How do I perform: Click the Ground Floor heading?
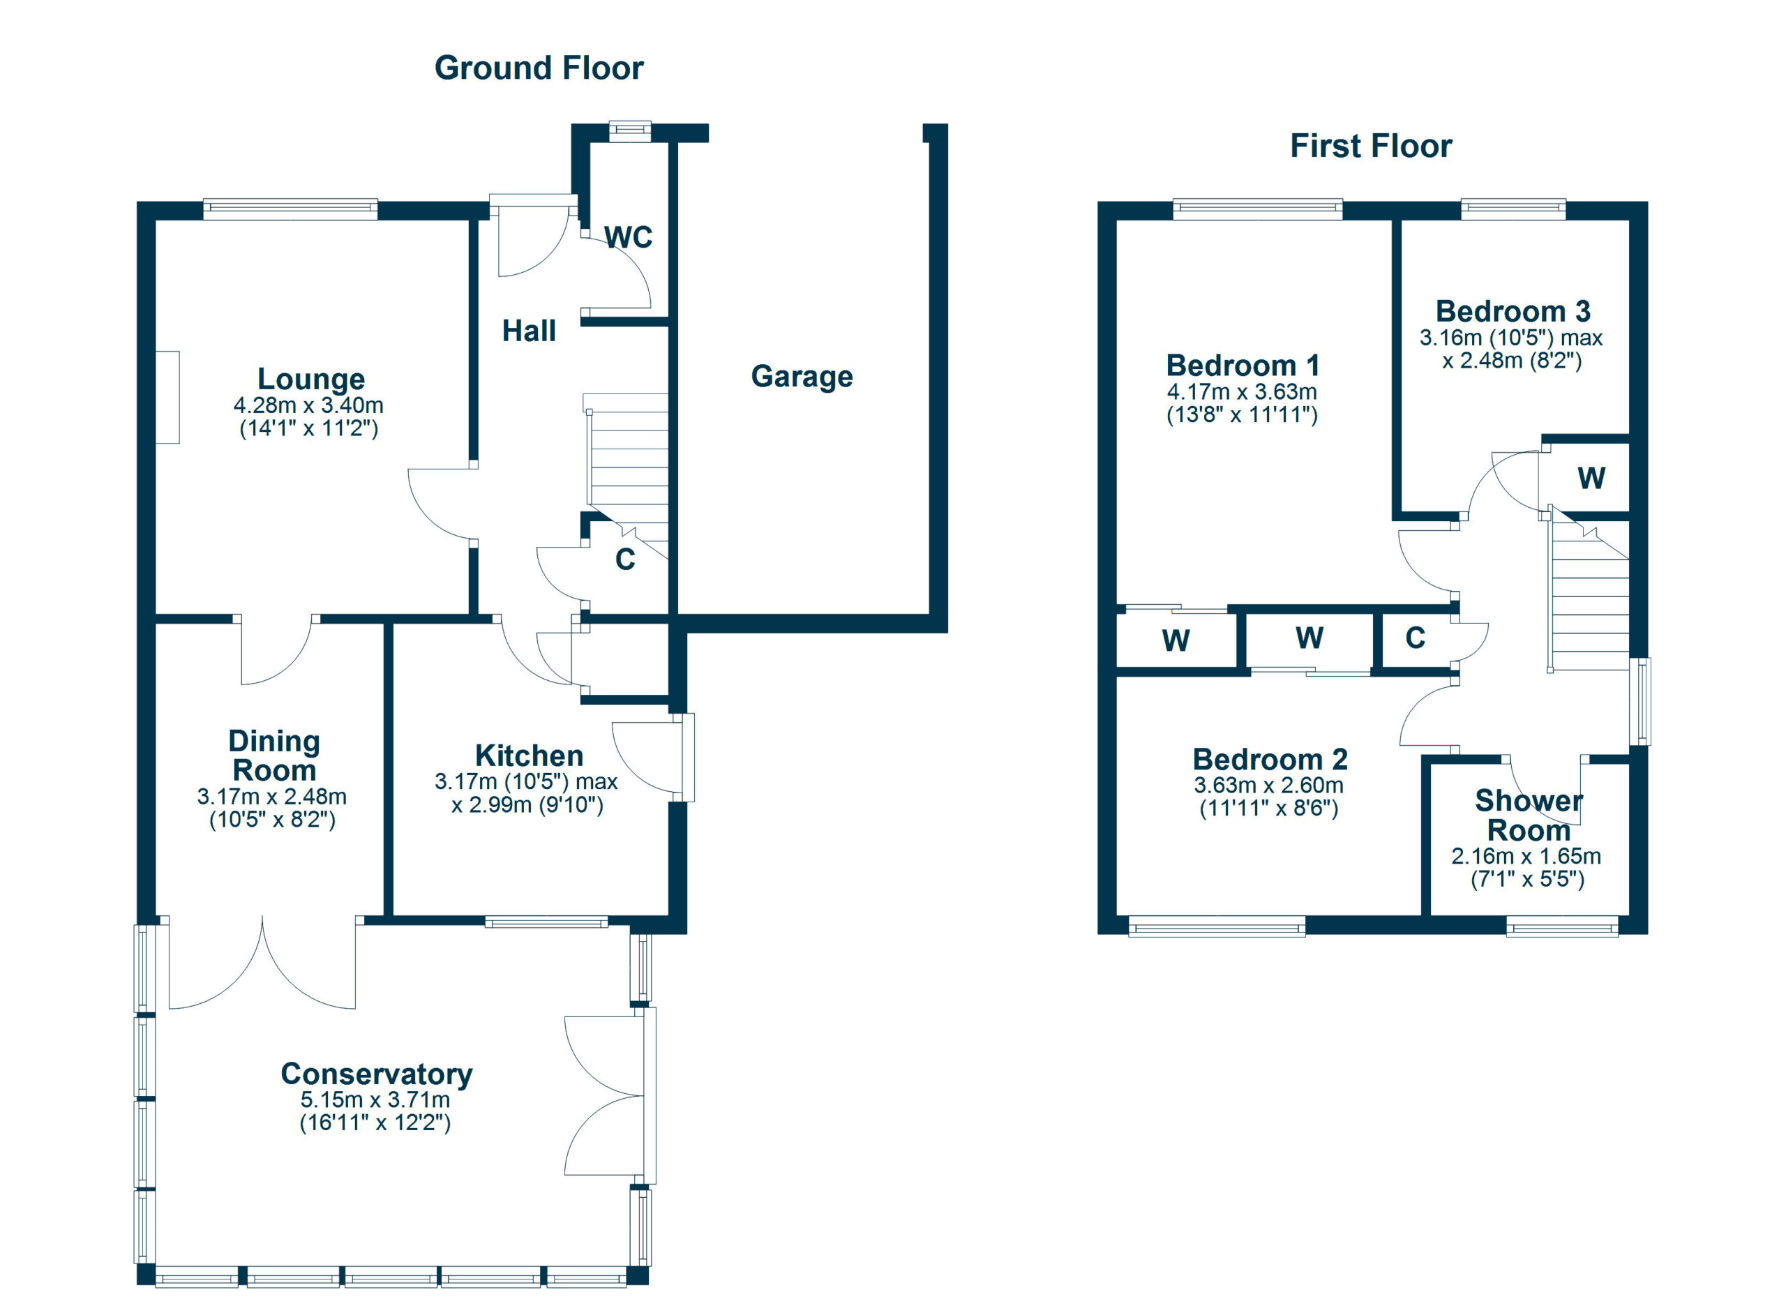539,68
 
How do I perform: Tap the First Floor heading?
1371,147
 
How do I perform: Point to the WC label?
629,237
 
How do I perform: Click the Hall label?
530,331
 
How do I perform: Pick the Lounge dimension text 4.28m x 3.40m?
308,406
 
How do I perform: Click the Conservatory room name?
377,1074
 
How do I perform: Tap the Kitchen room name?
530,756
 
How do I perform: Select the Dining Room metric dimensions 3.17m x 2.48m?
271,797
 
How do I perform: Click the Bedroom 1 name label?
1243,366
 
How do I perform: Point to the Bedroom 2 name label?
1270,760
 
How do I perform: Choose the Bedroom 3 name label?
1513,312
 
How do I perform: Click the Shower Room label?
1529,816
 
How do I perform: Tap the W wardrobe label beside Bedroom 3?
1591,479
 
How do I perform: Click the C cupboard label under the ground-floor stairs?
625,560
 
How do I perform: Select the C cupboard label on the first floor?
1415,638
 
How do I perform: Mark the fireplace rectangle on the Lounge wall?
167,398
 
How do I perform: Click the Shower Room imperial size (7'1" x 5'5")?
1527,880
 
